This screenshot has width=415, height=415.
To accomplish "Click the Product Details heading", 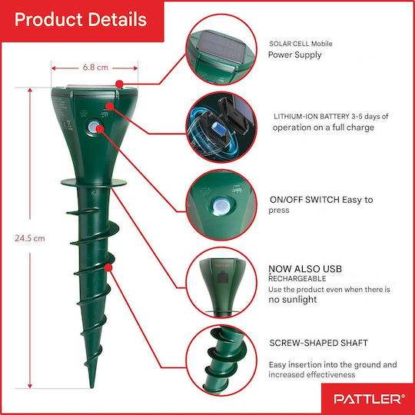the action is coord(81,19).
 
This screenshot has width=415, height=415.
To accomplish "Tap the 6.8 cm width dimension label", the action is coord(95,68).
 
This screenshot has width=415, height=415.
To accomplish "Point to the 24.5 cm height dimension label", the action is coord(30,238).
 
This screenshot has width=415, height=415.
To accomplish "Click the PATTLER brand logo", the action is coord(369,399).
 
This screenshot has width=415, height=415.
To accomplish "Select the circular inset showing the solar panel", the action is coord(221,49).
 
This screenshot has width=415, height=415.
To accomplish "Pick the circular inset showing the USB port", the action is coord(221,283).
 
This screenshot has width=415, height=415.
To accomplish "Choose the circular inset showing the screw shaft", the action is coord(221,360).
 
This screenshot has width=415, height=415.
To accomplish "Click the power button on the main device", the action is coord(92,128).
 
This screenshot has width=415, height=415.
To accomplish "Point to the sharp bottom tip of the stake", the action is coord(92,387).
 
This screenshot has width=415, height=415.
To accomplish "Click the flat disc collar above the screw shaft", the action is coord(94,183).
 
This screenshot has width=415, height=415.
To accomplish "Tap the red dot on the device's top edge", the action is coord(120,85).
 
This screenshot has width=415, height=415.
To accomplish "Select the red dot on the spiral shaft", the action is coord(108,267).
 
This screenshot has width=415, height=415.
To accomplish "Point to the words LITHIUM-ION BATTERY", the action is coord(311,117).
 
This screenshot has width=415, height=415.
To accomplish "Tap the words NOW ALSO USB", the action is coord(305,269).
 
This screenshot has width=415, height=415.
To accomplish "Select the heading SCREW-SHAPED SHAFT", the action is coord(318,343).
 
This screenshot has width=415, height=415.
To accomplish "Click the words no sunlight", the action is coord(293,300).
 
